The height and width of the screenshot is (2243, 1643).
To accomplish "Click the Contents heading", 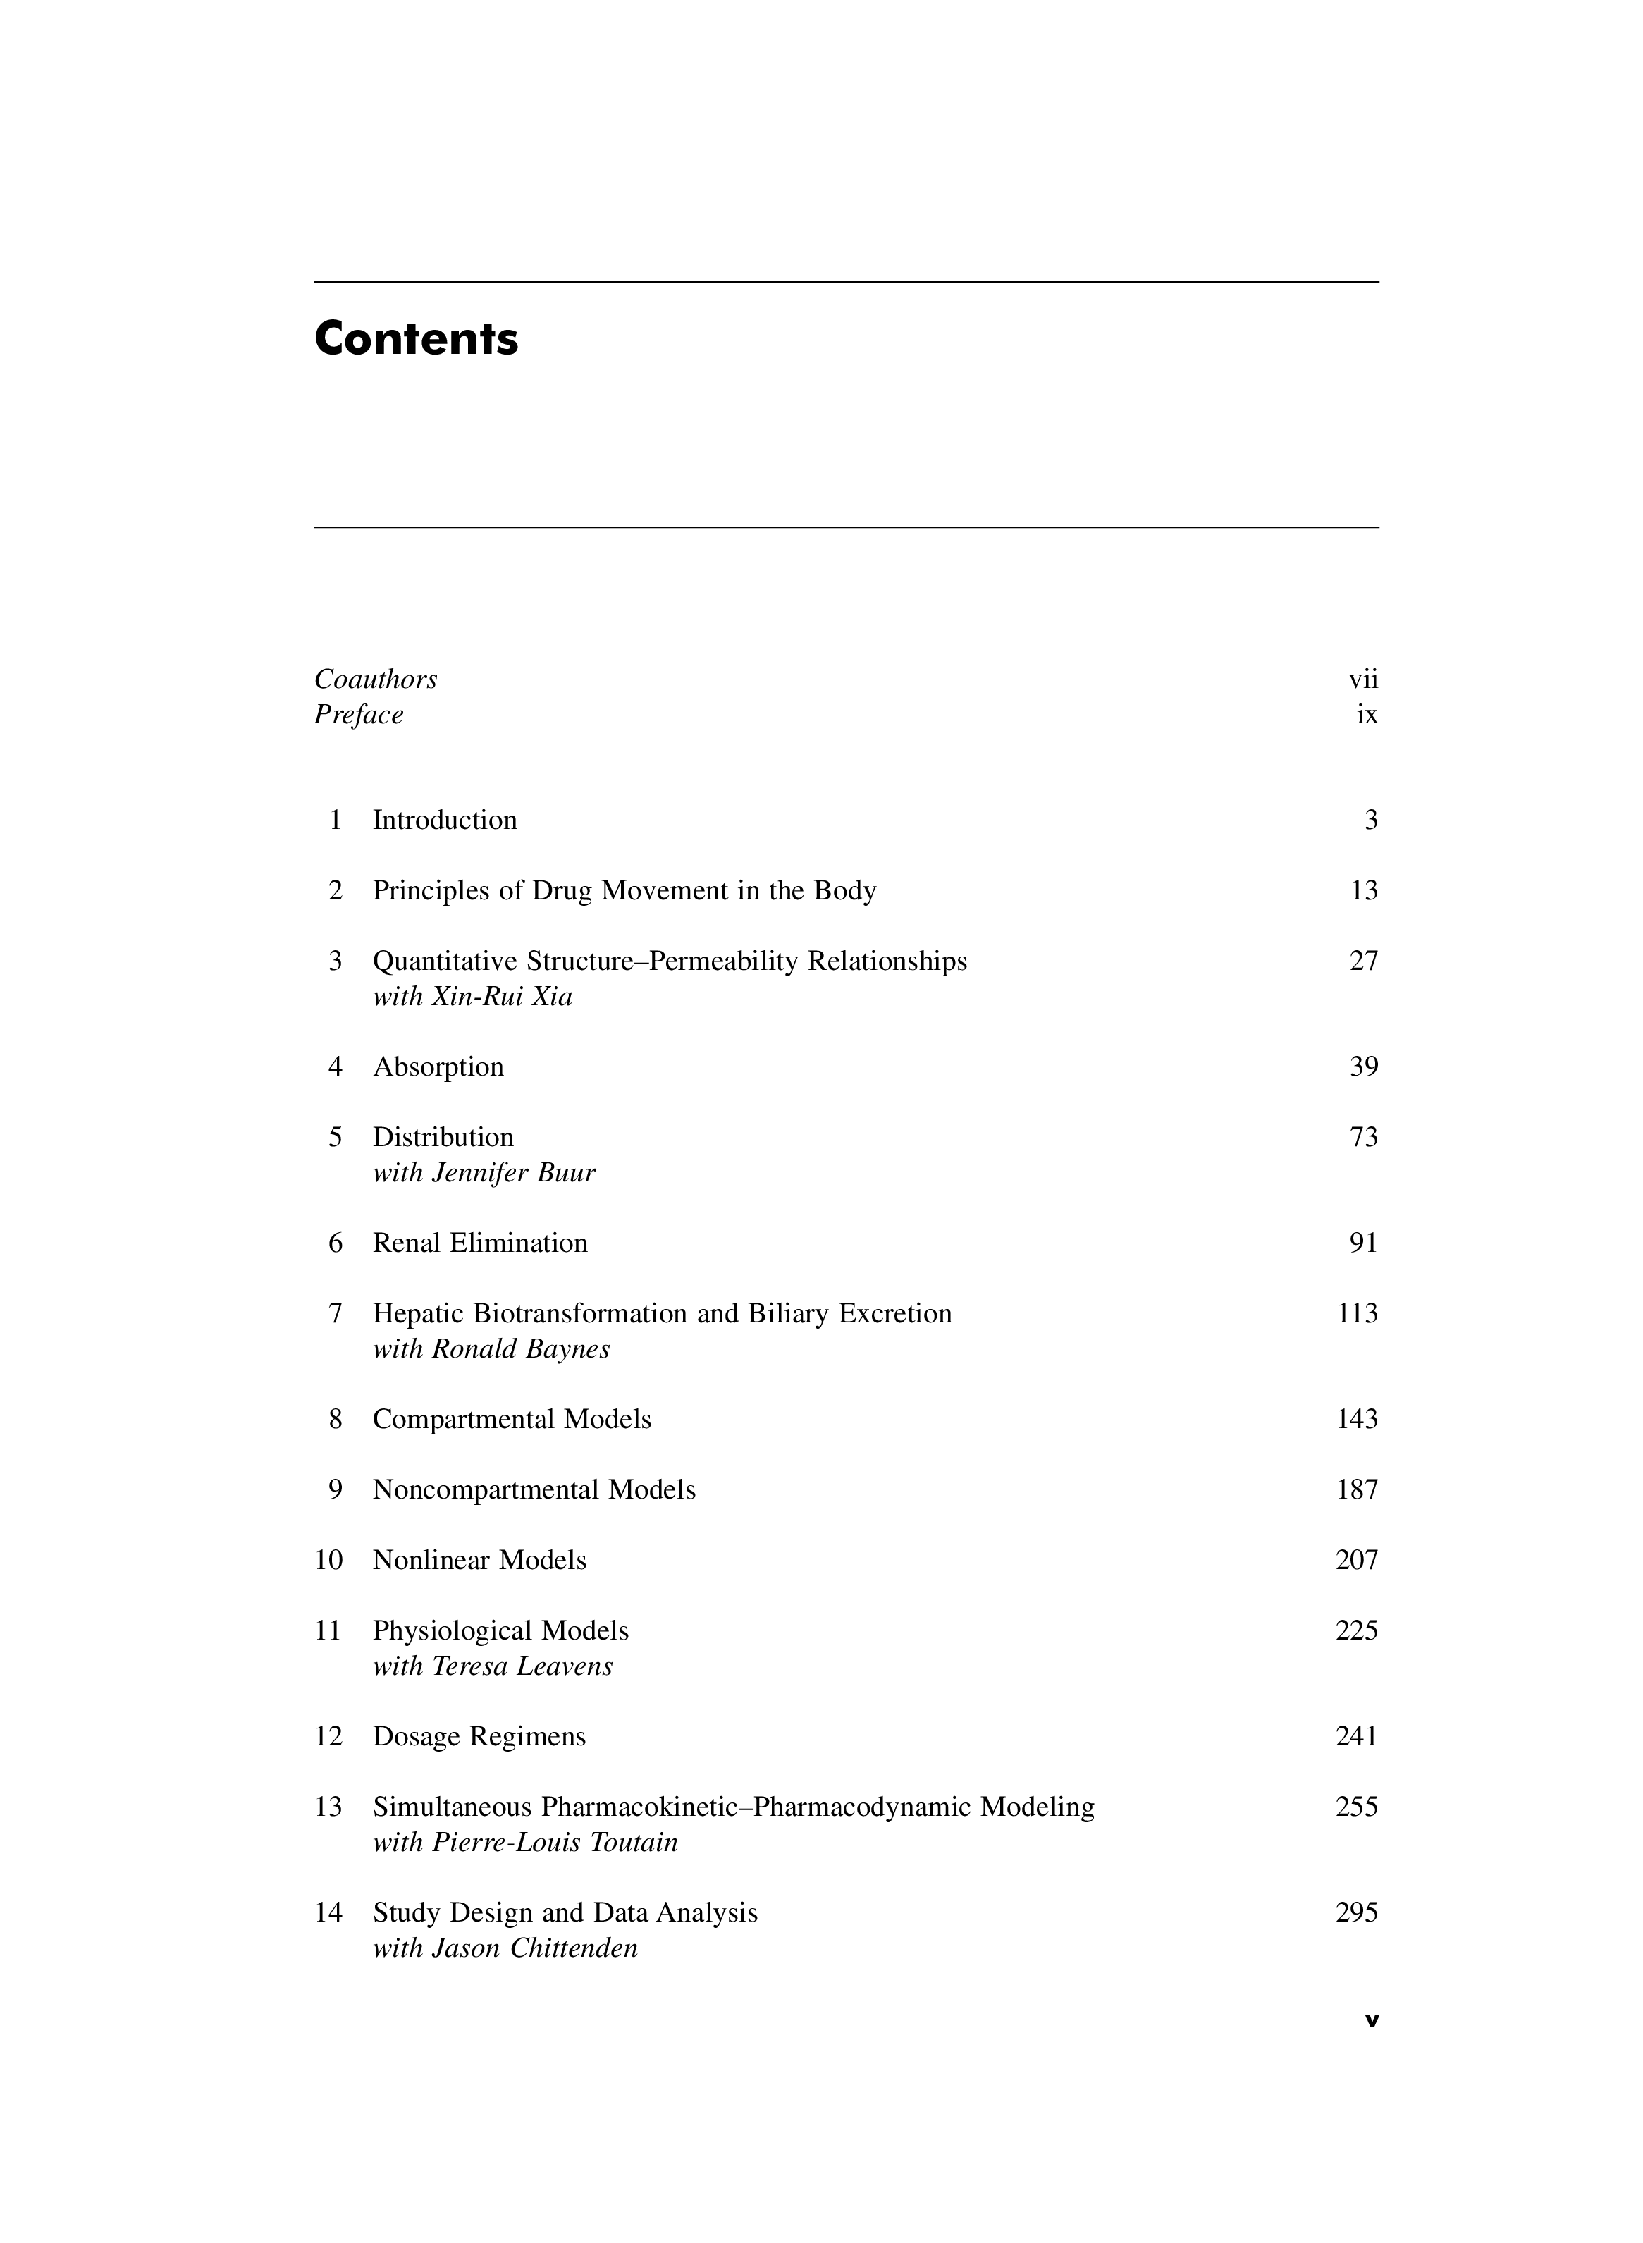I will coord(416,339).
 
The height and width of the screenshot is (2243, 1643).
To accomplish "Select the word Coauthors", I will coord(375,680).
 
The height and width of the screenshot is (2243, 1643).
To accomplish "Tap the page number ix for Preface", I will coord(1367,715).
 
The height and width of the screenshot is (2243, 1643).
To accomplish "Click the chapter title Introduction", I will coord(445,821).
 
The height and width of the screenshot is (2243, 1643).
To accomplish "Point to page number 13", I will coord(1364,891).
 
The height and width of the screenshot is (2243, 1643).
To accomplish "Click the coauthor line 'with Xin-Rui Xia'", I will coord(472,997).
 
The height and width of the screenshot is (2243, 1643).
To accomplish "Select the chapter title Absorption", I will coord(438,1067).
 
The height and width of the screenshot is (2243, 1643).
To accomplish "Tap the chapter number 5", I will coord(336,1138).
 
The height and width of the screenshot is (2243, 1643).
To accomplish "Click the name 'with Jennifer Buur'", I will coord(484,1174).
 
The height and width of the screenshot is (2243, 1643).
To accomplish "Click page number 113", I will coord(1357,1314).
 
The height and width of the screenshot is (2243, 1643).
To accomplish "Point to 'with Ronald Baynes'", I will coord(491,1350).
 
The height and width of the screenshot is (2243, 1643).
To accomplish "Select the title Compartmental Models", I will coord(511,1420).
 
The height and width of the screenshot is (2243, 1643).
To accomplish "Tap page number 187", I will coord(1357,1490).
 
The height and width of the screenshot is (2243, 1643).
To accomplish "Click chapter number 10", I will coord(328,1561).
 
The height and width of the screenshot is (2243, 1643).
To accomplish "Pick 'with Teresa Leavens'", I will coord(492,1666).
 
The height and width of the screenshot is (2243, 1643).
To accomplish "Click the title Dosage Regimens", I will coord(479,1737).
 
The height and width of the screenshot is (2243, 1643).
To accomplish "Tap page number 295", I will coord(1357,1913).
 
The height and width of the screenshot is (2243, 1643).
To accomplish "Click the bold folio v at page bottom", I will coord(1372,2020).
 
